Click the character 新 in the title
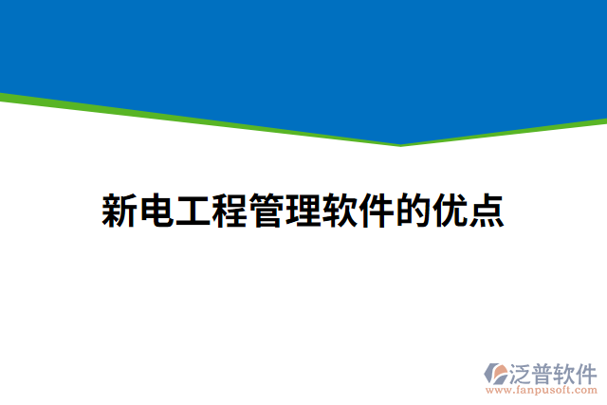click(120, 211)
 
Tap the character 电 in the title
click(156, 211)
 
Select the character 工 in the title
click(193, 211)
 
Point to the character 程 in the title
click(229, 211)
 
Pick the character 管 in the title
click(266, 211)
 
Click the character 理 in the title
click(302, 211)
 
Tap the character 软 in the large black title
click(339, 211)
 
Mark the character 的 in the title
click(412, 211)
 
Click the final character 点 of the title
click(485, 211)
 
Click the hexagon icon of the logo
click(498, 373)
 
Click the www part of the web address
click(496, 389)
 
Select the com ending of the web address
click(585, 389)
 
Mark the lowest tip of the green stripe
click(400, 145)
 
